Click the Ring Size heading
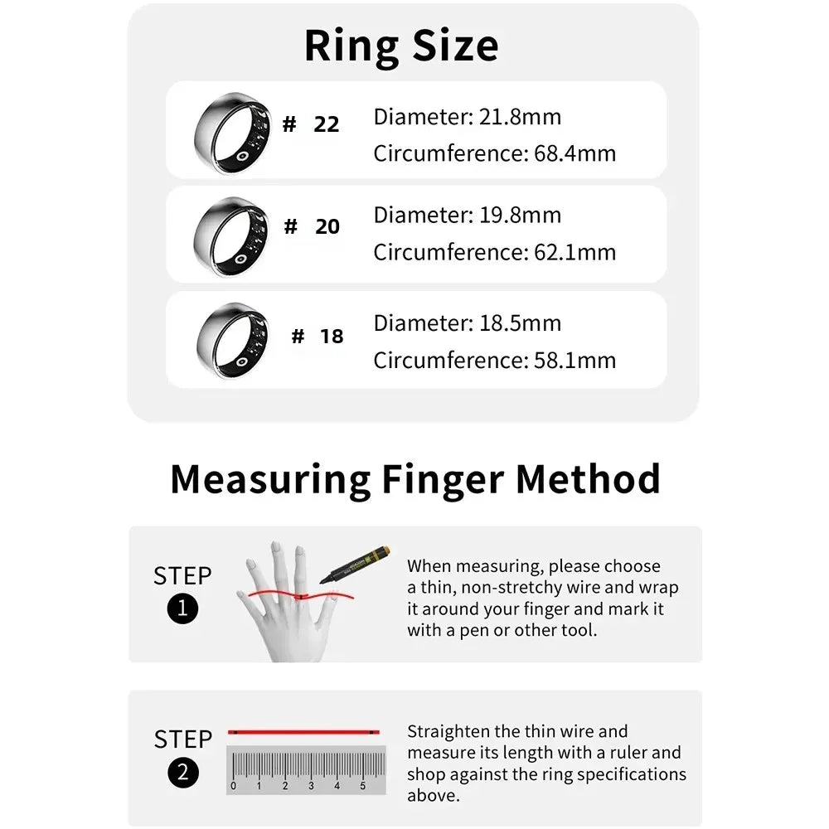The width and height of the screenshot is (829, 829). (401, 46)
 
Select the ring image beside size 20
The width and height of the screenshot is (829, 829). (232, 235)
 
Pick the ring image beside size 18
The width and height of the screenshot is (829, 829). (232, 340)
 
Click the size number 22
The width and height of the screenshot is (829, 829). (327, 125)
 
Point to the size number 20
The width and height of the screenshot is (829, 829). (327, 227)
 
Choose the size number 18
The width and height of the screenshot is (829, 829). (331, 337)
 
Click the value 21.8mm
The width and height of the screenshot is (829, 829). (520, 117)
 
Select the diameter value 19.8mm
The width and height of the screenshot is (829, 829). (520, 216)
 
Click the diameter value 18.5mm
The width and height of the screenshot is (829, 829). (520, 323)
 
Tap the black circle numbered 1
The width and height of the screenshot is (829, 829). (182, 610)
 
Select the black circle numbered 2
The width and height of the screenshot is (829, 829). (182, 773)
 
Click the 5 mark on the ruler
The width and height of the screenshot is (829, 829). (362, 786)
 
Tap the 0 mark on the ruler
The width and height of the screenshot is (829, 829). (234, 786)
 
